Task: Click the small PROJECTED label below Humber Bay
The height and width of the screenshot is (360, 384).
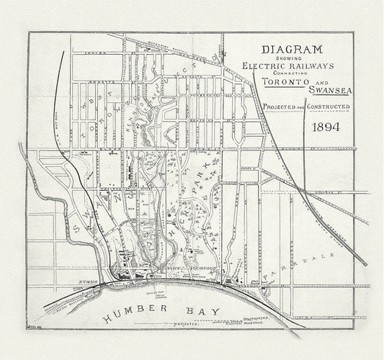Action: click(186, 324)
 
